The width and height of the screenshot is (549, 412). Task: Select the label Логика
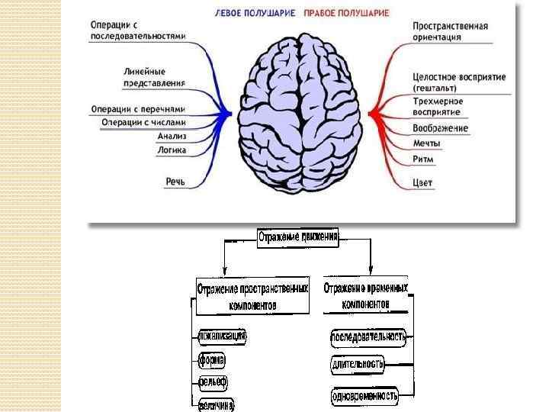172,150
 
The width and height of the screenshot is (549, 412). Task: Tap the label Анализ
172,137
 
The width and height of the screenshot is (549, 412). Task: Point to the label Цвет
422,182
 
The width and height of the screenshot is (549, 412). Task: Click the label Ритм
423,159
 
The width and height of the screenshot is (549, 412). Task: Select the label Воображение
440,128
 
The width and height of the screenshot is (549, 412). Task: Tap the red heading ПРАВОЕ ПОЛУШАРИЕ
346,13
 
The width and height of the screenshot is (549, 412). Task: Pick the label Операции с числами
144,122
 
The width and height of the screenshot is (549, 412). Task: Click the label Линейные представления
154,77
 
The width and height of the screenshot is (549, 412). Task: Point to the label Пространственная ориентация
450,31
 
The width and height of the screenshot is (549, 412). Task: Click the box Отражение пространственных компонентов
252,296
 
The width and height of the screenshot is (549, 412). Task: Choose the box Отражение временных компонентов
366,295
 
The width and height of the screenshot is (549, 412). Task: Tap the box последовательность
368,336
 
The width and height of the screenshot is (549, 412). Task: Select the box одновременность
364,395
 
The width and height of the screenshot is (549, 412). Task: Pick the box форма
211,359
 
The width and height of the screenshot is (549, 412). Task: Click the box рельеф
213,381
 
